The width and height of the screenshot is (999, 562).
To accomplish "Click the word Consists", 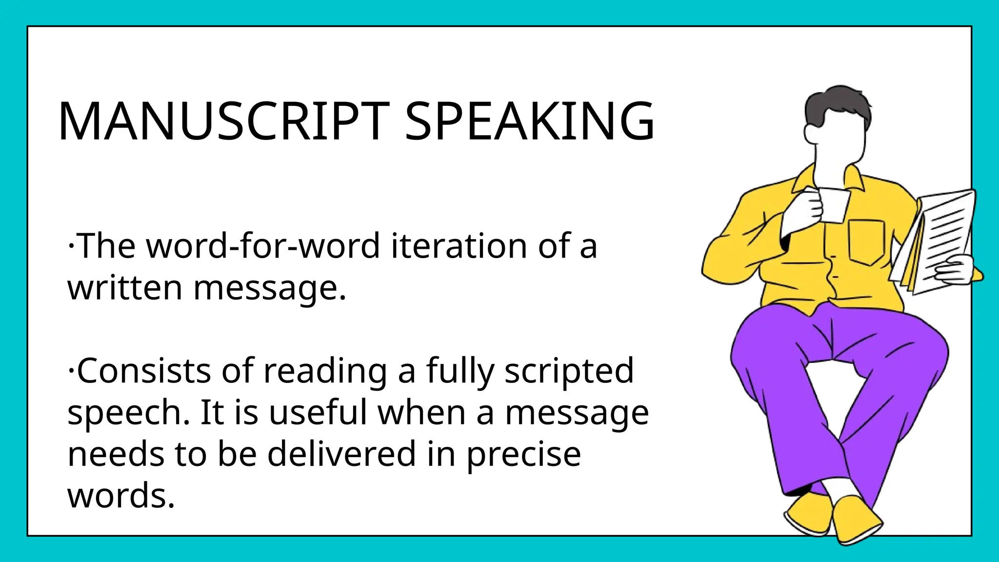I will (x=144, y=371).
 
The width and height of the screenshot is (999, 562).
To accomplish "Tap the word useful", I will (x=318, y=413).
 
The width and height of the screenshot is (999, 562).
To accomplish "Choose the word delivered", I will (x=341, y=454).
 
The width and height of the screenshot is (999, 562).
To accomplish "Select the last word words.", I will (x=120, y=496).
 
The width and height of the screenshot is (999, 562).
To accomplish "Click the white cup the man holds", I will (x=835, y=205).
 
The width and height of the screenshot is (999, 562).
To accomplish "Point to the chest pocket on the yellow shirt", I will (x=866, y=241).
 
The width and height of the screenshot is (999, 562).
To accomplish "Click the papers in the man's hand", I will (x=941, y=234).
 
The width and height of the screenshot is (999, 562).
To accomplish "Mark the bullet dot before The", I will (x=71, y=245).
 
